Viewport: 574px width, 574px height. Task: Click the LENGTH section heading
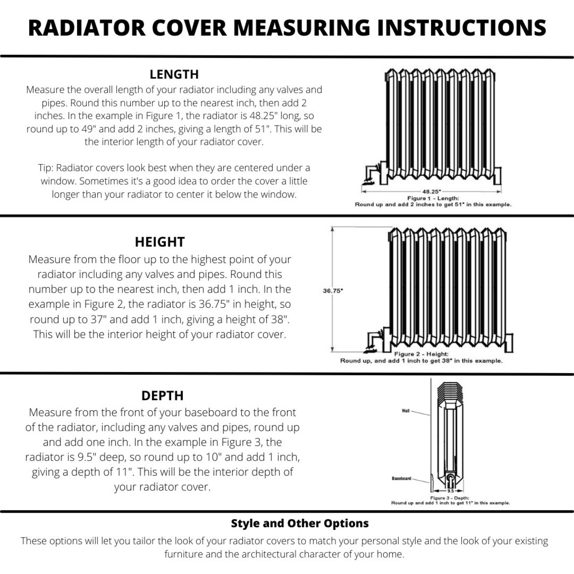tap(174, 75)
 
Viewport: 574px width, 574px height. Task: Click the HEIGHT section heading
tap(160, 242)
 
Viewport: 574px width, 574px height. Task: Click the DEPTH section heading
tap(162, 396)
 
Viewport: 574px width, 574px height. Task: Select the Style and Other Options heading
tap(300, 524)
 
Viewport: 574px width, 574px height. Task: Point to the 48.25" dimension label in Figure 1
tap(432, 192)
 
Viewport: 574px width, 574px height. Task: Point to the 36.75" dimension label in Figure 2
tap(333, 291)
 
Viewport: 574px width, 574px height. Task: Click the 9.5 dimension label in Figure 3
tap(450, 490)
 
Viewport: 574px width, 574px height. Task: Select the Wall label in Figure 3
tap(405, 411)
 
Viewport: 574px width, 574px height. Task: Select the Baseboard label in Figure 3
tap(401, 478)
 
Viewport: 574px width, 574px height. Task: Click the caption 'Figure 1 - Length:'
tap(433, 198)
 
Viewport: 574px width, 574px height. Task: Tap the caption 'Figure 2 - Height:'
tap(421, 354)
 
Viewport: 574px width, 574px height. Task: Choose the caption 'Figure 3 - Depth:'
tap(450, 498)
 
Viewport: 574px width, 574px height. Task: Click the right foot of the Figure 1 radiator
tap(497, 176)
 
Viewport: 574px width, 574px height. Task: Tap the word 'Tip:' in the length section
tap(46, 168)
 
